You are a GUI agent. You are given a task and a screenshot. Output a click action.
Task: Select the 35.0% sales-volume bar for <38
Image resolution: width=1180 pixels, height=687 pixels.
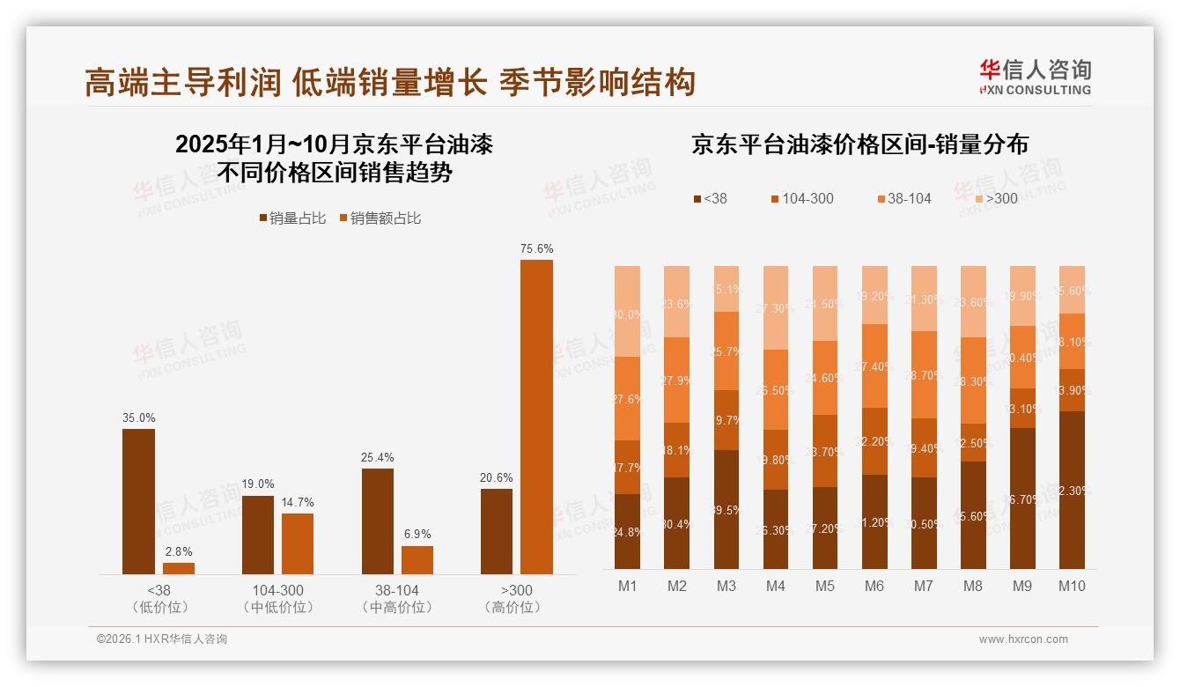(138, 501)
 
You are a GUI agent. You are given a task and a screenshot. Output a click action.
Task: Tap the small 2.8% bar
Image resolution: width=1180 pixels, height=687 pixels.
(179, 568)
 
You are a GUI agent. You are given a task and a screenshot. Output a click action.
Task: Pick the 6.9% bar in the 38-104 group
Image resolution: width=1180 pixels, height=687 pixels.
(417, 560)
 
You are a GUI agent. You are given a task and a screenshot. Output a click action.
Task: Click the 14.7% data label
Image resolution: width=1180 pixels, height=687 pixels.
(298, 502)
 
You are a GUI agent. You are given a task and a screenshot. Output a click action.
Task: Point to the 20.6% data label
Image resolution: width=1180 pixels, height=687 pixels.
(497, 477)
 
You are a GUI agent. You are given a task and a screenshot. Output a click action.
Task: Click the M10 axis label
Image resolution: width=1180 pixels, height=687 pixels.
(1072, 586)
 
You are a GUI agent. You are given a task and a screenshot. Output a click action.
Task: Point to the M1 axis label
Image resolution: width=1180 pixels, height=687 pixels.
(627, 586)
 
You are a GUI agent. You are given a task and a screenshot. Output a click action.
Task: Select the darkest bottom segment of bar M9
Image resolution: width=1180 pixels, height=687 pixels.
(1022, 498)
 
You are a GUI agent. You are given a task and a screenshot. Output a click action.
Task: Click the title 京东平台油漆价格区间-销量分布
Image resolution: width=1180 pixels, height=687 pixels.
(859, 144)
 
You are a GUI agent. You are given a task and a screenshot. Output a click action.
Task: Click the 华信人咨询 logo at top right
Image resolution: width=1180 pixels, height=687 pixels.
(1035, 77)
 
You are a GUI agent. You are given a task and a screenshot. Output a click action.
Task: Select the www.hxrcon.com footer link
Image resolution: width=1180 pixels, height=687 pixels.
(1023, 639)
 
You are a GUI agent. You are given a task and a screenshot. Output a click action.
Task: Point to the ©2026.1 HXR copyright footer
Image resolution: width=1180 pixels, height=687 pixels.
(161, 639)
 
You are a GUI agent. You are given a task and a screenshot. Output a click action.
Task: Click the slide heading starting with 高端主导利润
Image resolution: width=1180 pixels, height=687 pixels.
(390, 82)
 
